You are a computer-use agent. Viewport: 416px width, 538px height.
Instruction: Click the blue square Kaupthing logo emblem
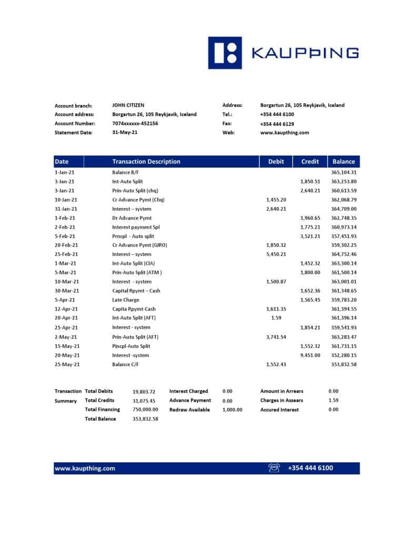225,53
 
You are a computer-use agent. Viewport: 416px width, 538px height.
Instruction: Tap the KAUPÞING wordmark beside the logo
305,53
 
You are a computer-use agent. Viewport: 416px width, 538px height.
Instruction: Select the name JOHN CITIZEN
128,105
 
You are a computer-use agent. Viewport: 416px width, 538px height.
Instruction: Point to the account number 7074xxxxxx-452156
135,123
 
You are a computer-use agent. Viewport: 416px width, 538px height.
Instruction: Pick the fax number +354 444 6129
277,124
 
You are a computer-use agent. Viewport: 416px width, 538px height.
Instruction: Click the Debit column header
276,162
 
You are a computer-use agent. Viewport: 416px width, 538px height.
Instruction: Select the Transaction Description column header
146,162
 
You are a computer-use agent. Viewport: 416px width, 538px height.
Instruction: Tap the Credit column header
310,162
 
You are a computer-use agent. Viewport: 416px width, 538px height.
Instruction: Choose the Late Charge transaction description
126,300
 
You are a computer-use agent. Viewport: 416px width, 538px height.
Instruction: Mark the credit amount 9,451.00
310,355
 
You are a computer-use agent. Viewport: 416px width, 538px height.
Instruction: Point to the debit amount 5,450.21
276,254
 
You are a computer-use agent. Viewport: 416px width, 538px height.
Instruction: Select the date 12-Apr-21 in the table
66,309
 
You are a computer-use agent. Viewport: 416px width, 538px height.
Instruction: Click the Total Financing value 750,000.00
145,410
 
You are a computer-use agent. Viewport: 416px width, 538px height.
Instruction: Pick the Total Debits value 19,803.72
144,391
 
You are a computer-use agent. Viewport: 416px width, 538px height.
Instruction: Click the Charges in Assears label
281,400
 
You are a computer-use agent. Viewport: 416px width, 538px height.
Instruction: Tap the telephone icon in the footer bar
274,468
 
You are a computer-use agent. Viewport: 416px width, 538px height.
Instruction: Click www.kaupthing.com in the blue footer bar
85,468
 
